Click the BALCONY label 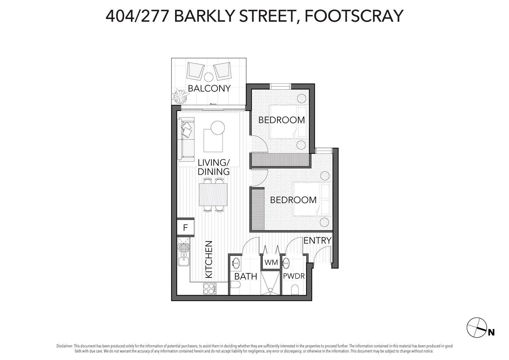[x=209, y=88]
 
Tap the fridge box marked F [x=185, y=228]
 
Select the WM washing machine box [x=271, y=263]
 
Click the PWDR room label [x=294, y=276]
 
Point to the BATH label [x=246, y=276]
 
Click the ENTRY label [x=317, y=240]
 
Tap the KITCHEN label [x=209, y=259]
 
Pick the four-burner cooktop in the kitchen [x=210, y=289]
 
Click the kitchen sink [x=184, y=250]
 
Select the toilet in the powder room [x=295, y=290]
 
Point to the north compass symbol [x=477, y=328]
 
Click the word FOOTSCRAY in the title [x=354, y=16]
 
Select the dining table [x=213, y=195]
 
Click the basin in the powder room [x=286, y=263]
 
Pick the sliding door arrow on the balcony [x=213, y=104]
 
